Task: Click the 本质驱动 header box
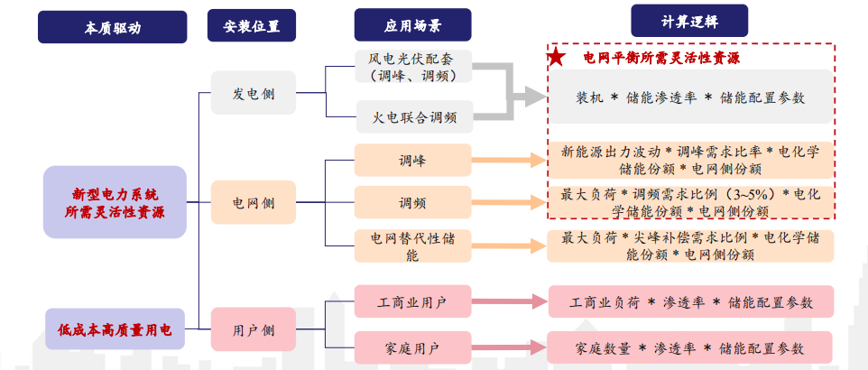(112, 27)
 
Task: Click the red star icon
(557, 59)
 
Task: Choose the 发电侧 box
(254, 93)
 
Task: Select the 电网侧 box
(254, 202)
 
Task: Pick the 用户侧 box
(254, 330)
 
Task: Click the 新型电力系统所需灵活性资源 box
(115, 202)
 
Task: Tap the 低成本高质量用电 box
(115, 330)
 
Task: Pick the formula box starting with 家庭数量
(690, 347)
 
